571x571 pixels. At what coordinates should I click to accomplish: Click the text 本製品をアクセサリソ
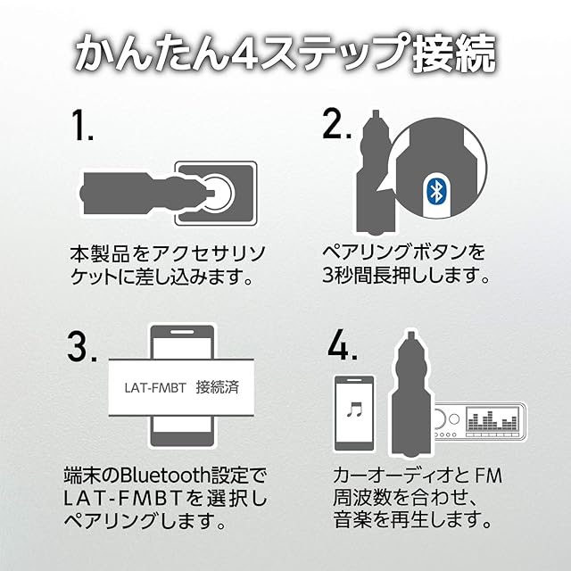coord(162,252)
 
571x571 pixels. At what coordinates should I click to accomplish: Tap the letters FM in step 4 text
coord(483,476)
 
